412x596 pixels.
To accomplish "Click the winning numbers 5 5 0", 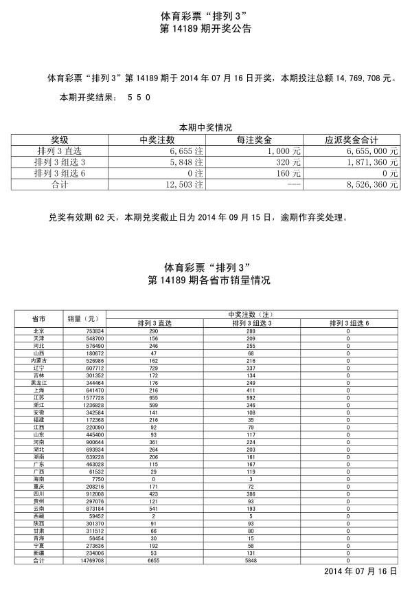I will click(139, 98).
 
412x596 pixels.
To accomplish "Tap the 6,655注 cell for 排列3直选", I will click(187, 151).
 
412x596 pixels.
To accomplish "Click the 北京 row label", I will click(39, 331).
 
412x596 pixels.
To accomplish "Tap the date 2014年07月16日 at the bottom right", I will click(360, 572).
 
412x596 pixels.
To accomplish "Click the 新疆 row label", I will click(39, 553).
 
